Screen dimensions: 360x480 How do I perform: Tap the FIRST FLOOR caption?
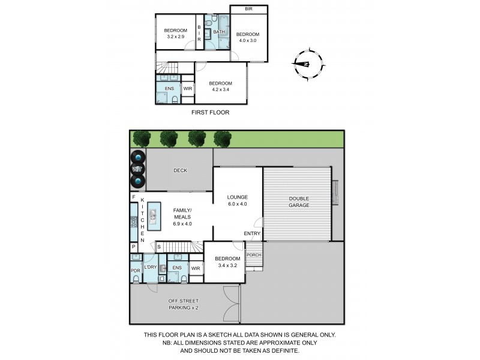tap(210, 112)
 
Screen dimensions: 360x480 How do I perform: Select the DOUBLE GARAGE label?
tap(299, 202)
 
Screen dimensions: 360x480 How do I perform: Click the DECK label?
tap(180, 170)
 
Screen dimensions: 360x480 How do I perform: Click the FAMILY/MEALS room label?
tap(182, 217)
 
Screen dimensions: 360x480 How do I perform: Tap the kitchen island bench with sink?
tap(152, 216)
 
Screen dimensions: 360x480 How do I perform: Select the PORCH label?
tap(254, 254)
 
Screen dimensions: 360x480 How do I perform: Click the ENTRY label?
tap(251, 234)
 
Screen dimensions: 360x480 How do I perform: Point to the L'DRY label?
tap(150, 268)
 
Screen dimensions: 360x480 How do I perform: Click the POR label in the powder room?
tap(136, 271)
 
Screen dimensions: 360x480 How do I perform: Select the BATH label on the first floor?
tap(219, 31)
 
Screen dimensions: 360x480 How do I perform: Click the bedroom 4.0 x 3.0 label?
tap(247, 37)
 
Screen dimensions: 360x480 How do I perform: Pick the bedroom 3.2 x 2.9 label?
tap(175, 34)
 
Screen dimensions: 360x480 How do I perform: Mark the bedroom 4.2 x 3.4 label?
tap(221, 86)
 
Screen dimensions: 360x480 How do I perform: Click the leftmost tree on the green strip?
tap(142, 139)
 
